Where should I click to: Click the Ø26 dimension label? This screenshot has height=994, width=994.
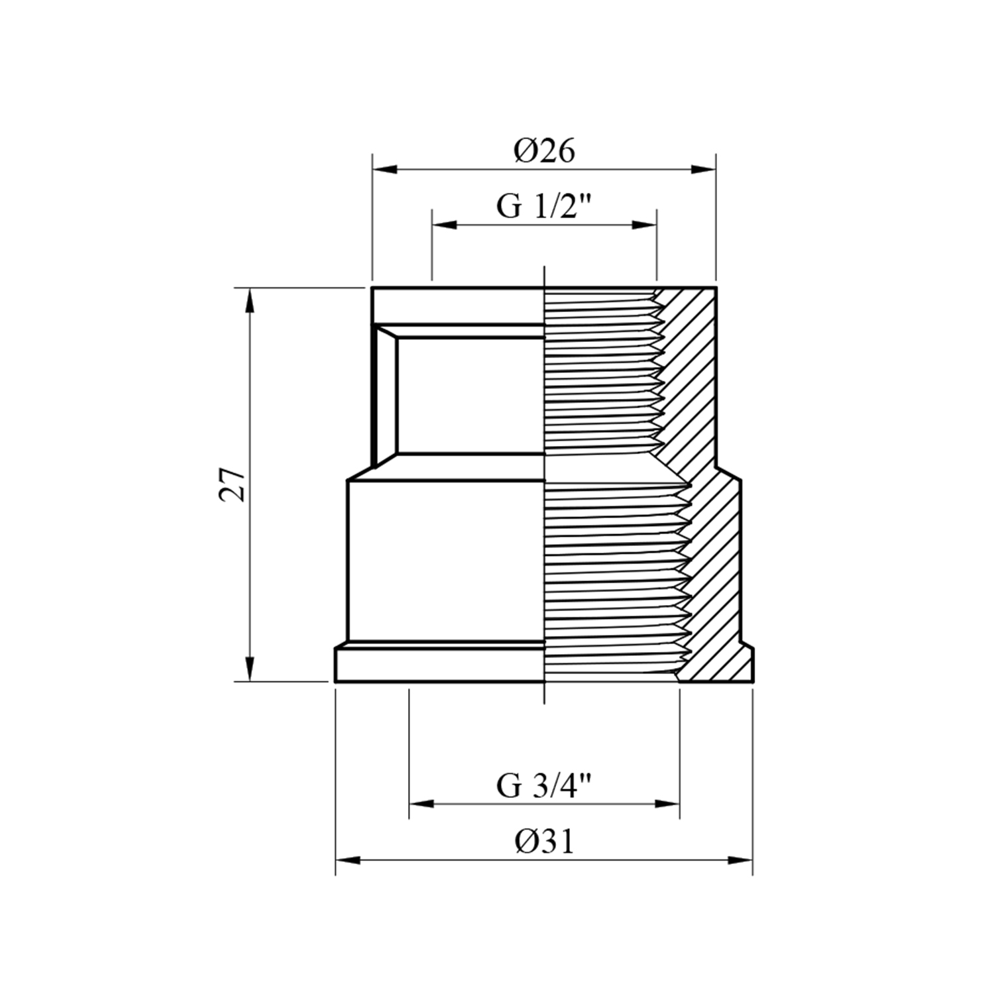tap(544, 151)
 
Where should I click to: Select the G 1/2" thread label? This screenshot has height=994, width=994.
tap(543, 207)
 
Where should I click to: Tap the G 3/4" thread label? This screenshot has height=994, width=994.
tap(543, 786)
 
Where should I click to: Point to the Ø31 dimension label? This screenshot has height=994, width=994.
tap(544, 842)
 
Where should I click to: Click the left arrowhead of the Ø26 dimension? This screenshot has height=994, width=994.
tap(385, 170)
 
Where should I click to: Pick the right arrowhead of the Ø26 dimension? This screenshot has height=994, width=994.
tap(703, 170)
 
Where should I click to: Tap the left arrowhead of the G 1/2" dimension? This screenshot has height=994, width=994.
tap(445, 225)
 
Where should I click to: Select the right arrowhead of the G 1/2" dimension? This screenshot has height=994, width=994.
tap(643, 225)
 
